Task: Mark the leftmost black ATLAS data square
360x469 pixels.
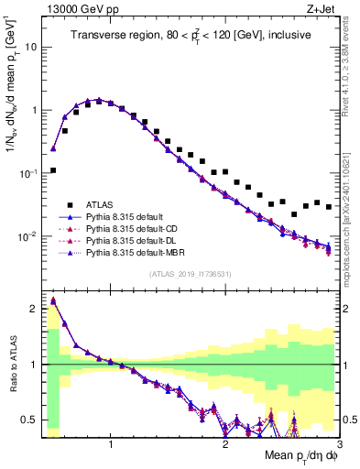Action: [x=53, y=170]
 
